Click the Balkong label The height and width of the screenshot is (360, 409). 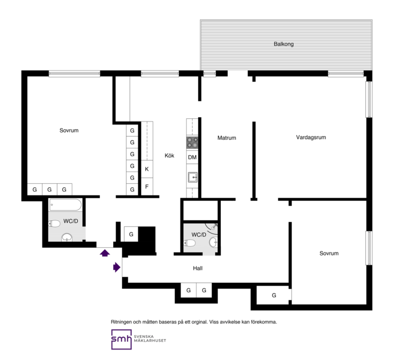coord(284,44)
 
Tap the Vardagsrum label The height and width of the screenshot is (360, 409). coord(311,137)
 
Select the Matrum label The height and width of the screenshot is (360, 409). coord(227,137)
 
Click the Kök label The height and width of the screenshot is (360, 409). coord(169,156)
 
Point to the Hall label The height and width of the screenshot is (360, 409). coord(198,268)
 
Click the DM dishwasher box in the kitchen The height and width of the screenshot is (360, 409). coord(192,157)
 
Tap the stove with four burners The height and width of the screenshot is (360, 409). coord(192,142)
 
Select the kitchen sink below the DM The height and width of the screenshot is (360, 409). coord(193,177)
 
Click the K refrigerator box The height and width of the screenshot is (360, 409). coord(147,169)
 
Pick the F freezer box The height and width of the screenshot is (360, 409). coord(147,187)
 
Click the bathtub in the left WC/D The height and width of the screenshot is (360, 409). coord(66,205)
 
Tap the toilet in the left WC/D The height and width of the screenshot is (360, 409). coord(55,224)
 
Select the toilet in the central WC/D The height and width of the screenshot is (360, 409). coord(190,243)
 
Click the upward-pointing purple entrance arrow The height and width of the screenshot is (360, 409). coord(105,253)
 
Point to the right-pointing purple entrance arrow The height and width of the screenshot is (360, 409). coord(116,267)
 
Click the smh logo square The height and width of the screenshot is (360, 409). coord(121,340)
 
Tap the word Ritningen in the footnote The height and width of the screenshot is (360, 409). coord(121,322)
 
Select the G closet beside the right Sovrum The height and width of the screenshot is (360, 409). coord(274,295)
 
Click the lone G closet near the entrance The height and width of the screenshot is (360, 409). coord(131,234)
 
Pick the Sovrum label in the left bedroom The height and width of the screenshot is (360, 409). coord(69,130)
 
